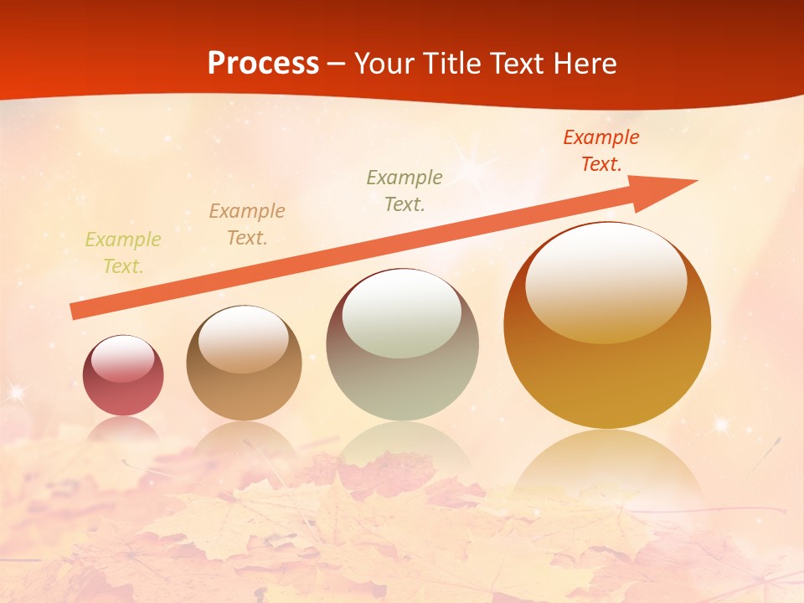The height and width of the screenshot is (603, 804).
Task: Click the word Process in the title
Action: point(263,64)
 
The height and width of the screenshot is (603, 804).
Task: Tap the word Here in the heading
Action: point(584,64)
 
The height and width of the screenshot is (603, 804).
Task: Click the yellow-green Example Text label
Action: point(123,253)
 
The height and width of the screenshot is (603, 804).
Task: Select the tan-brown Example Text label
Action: point(247,224)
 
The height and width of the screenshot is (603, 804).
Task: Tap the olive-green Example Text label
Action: point(405,190)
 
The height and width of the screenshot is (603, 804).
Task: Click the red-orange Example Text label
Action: point(601,151)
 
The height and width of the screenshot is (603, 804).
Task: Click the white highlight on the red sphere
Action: point(123,359)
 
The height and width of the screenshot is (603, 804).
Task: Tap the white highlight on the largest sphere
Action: point(606,282)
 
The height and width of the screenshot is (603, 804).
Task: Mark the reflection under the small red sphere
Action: point(123,429)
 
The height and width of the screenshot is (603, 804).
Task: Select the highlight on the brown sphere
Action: point(244,338)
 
